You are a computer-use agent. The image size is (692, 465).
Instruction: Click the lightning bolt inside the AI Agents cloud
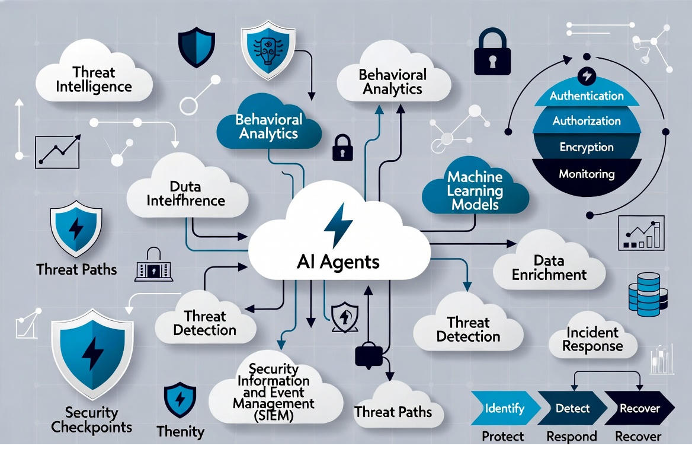coord(338,224)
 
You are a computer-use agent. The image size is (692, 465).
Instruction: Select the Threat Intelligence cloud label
coord(94,79)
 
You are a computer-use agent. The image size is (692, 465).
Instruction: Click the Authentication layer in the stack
coord(586,95)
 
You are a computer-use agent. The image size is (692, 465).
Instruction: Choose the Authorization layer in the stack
coord(586,121)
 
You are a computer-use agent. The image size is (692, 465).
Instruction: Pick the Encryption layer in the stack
coord(586,147)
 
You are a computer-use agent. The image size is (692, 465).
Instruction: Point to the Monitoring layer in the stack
coord(586,174)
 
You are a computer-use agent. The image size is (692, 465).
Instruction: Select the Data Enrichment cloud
coord(549,267)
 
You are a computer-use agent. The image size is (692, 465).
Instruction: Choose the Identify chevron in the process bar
coord(504,409)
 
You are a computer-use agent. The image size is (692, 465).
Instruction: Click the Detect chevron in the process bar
coord(572,409)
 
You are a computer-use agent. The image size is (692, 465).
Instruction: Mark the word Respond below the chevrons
coord(571,437)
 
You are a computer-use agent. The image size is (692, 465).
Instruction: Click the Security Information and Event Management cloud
coord(273,393)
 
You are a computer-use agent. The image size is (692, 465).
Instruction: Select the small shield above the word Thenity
coord(180,400)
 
